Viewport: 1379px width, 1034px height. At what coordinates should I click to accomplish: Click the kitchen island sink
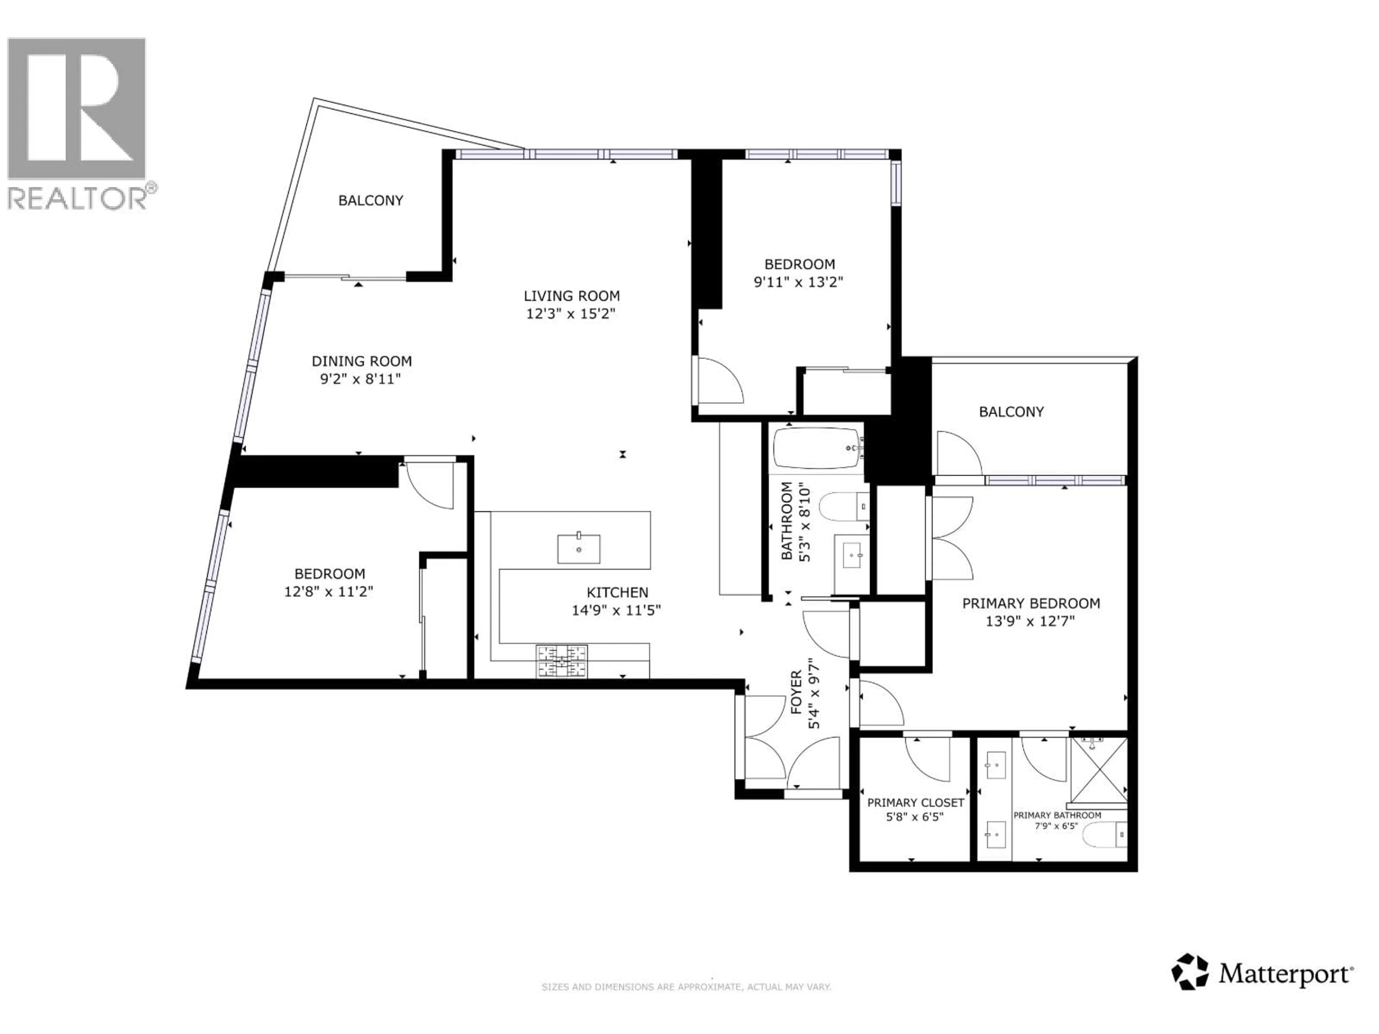tap(579, 549)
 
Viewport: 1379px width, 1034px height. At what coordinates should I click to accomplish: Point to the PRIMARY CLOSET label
tap(915, 803)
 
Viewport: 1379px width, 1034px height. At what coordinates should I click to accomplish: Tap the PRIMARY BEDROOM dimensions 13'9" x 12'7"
tap(1031, 621)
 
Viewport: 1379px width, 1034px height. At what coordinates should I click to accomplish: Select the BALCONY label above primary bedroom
tap(1011, 411)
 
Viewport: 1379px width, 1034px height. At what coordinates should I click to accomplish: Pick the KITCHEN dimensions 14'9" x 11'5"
tap(616, 610)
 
